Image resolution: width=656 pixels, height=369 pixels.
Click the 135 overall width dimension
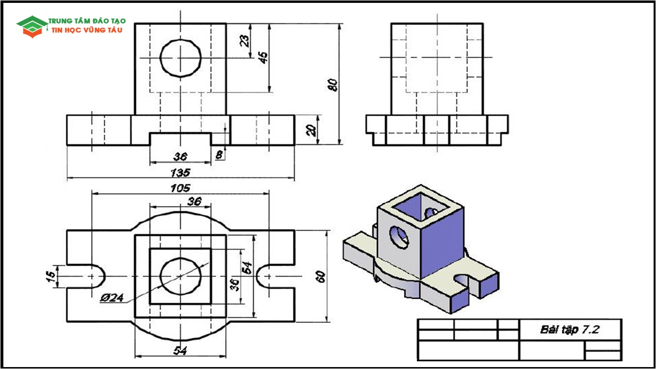pos(180,172)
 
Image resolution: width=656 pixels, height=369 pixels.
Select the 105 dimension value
pos(180,188)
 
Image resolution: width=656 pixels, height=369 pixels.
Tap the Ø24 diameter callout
pos(112,298)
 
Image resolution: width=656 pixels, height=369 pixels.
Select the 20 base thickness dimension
pos(312,130)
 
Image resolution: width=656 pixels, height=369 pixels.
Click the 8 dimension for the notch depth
pos(219,155)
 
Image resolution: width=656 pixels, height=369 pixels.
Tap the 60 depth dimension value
pos(321,276)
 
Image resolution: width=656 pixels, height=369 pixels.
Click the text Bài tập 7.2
pos(570,330)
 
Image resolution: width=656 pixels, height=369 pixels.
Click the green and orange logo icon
pos(32,26)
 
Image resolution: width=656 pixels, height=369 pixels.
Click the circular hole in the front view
pos(181,58)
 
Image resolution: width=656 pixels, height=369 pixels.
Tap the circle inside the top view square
pos(180,276)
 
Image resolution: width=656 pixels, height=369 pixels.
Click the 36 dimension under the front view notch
pos(180,157)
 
